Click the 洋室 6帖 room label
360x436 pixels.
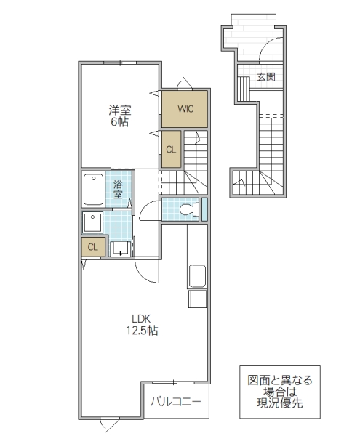click(x=119, y=116)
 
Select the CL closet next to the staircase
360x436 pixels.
click(x=171, y=150)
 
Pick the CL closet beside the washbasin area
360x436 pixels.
click(x=92, y=247)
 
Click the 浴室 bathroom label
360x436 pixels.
click(x=119, y=190)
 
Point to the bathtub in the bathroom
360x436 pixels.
click(x=93, y=190)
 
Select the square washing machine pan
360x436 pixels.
click(x=93, y=222)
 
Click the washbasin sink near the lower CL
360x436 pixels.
click(x=120, y=249)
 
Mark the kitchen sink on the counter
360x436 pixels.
click(x=197, y=277)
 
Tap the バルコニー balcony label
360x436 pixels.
click(x=175, y=400)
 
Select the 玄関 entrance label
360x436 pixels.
click(x=265, y=76)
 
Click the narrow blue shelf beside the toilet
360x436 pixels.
click(x=204, y=209)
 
